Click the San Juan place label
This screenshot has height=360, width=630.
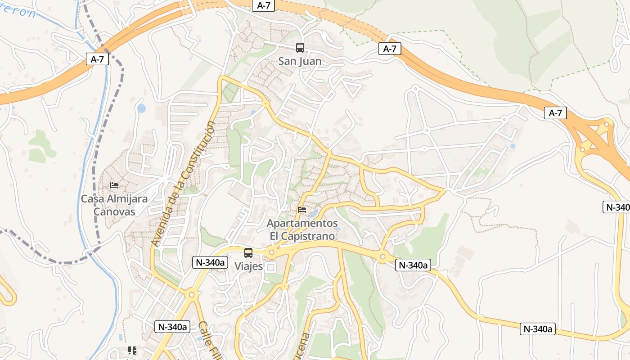click(x=300, y=61)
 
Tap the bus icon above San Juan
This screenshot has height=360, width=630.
click(x=300, y=48)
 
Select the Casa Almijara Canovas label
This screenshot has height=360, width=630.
click(x=114, y=205)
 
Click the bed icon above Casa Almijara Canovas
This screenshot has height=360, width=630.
click(x=114, y=185)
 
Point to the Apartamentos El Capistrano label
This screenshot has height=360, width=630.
click(x=302, y=229)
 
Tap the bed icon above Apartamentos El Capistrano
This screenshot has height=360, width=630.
click(x=302, y=210)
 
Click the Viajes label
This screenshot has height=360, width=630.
click(x=248, y=266)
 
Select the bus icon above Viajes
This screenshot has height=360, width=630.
click(x=248, y=253)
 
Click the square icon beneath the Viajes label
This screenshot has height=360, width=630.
click(x=270, y=268)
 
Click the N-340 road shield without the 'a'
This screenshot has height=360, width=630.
click(x=616, y=207)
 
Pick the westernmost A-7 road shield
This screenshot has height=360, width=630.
click(x=98, y=59)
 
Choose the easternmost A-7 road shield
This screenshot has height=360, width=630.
click(x=555, y=113)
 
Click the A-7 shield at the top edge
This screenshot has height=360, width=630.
click(x=264, y=5)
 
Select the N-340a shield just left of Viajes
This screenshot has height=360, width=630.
click(x=210, y=262)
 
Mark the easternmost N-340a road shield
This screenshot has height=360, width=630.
click(x=538, y=329)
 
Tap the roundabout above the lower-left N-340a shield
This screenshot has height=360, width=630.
click(x=192, y=296)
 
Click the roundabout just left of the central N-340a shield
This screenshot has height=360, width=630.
click(x=382, y=257)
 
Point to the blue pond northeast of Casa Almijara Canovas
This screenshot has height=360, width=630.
click(x=142, y=108)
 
